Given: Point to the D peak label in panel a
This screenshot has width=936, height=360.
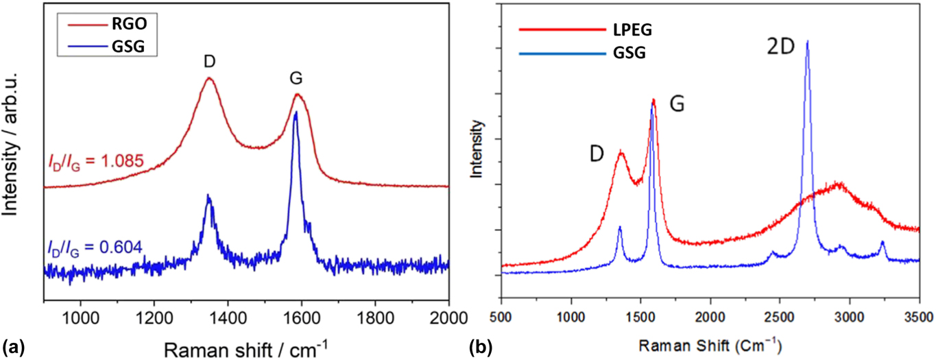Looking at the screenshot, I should [x=209, y=62].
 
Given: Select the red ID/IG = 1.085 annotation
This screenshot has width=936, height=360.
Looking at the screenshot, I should [x=95, y=162].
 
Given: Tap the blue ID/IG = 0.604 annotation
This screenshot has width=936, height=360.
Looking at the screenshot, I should [x=95, y=245].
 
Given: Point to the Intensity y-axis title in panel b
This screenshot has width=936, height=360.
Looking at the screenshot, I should [x=479, y=149].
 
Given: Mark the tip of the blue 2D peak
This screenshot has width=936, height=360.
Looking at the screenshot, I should [x=807, y=41].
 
